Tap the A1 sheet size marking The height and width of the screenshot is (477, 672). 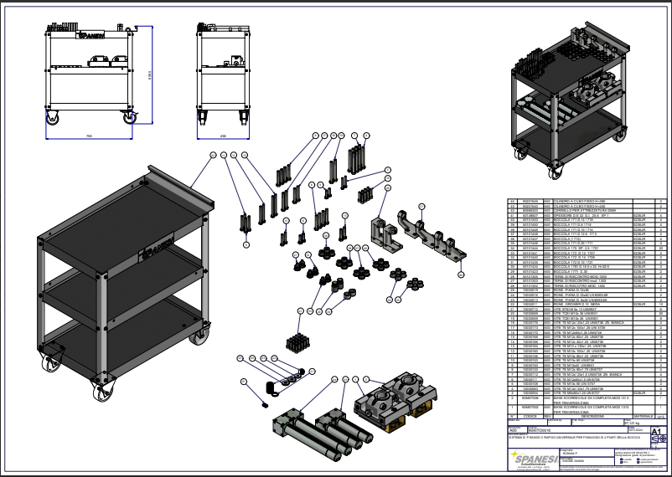click(x=656, y=433)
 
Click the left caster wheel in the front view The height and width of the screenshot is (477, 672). click(x=51, y=118)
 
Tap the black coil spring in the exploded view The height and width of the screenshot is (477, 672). click(x=269, y=387)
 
